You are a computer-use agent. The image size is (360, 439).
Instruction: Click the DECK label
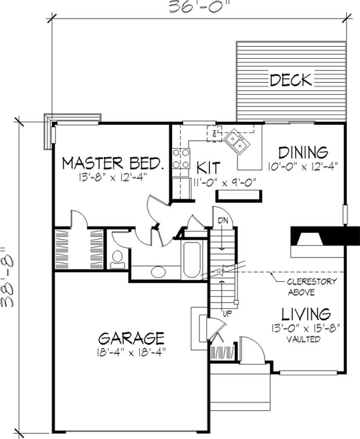pos(291,80)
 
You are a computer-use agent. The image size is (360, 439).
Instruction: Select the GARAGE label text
pos(131,338)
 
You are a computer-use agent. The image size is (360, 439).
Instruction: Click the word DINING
pos(303,152)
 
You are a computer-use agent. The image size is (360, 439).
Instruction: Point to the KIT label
pos(208,168)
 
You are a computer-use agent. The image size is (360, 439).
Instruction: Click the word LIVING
pos(306,314)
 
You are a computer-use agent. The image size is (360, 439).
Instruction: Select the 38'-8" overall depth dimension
pos(8,277)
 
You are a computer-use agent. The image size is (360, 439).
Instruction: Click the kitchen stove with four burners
pos(181,158)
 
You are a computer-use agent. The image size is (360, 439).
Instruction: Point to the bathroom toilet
pos(117,260)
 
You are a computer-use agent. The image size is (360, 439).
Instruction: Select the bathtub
pos(191,260)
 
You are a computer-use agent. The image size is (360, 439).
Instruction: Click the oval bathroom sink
pos(158,272)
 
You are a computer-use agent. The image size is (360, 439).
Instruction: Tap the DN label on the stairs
pos(223,220)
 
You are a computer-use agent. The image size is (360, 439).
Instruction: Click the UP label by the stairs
pos(227,314)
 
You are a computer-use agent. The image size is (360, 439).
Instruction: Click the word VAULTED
pos(303,339)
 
